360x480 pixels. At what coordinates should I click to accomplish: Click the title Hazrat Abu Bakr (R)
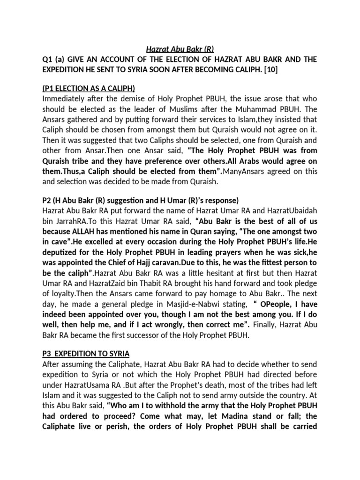[180, 48]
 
